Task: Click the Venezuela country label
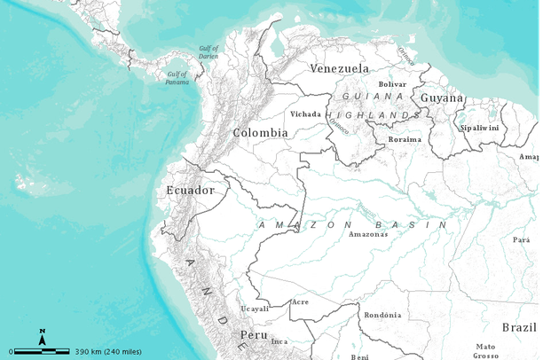click(339, 68)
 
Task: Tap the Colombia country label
click(260, 132)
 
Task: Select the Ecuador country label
click(190, 190)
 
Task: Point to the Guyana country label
click(441, 98)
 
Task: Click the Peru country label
click(255, 334)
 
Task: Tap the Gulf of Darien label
click(209, 53)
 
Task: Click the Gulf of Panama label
click(177, 79)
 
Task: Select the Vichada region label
click(305, 113)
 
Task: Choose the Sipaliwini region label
click(480, 128)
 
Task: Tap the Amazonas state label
click(367, 234)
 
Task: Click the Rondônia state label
click(383, 315)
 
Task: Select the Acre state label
click(300, 302)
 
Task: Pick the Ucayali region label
click(255, 309)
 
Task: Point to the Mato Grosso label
click(485, 350)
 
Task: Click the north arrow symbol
click(42, 336)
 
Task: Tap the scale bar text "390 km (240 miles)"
click(109, 351)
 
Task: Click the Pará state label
click(521, 239)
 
